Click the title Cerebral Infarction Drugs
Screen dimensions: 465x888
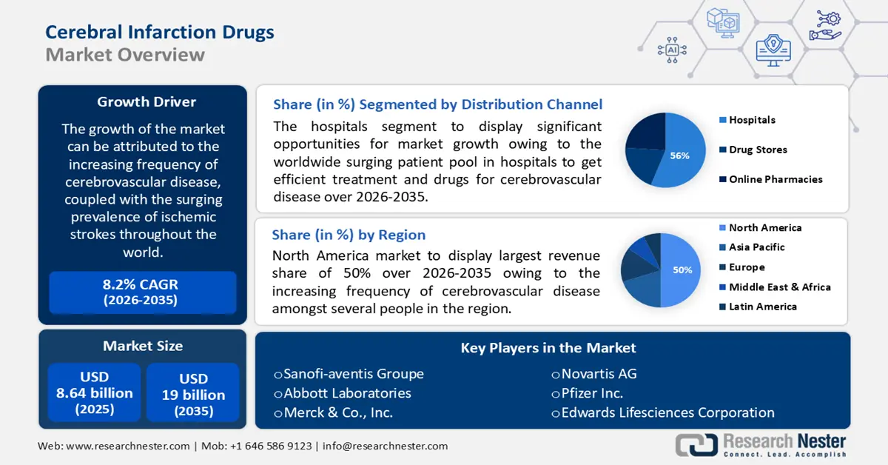tap(159, 32)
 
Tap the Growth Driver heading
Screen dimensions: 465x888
tap(147, 101)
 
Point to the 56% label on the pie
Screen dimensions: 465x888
tap(679, 155)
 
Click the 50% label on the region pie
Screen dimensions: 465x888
tap(682, 270)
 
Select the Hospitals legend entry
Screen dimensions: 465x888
tap(751, 120)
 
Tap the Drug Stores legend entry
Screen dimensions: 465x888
tap(757, 150)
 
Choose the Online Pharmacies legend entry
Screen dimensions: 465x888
tap(775, 179)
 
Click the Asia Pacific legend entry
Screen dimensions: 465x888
tap(756, 247)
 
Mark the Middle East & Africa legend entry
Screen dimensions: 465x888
tap(779, 287)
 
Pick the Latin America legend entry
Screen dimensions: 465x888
tap(762, 307)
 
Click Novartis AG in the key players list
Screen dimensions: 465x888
tap(598, 373)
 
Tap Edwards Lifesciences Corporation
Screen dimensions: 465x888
tap(667, 412)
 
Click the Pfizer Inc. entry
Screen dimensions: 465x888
tap(591, 393)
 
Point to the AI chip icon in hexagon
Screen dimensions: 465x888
tap(672, 50)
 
